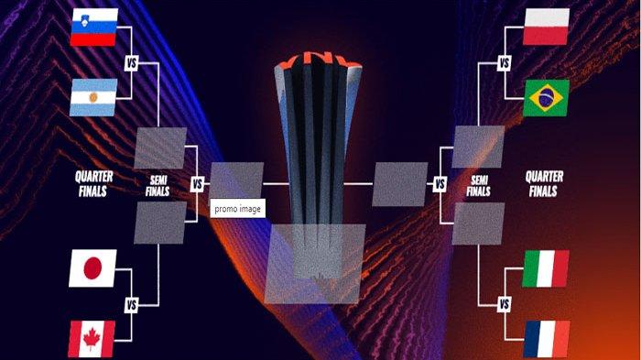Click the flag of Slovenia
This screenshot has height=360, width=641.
click(x=94, y=27)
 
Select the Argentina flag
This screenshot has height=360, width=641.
click(x=93, y=97)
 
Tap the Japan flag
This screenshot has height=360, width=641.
click(x=92, y=268)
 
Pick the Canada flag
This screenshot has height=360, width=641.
click(x=92, y=339)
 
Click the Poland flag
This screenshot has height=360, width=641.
click(x=546, y=27)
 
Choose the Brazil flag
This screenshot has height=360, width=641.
click(x=546, y=98)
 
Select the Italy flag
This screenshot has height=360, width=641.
click(x=546, y=268)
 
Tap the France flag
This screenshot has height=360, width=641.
click(x=547, y=339)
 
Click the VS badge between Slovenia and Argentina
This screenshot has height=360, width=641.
click(x=131, y=63)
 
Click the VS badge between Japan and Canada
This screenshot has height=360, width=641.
click(x=131, y=305)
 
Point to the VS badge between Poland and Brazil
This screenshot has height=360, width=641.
click(x=505, y=63)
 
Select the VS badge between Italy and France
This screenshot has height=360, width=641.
click(x=505, y=304)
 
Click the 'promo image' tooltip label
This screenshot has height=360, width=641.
click(x=237, y=209)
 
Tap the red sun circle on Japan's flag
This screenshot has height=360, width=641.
click(x=92, y=268)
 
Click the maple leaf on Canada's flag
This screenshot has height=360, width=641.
click(x=92, y=339)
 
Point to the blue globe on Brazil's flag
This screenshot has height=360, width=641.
click(x=546, y=98)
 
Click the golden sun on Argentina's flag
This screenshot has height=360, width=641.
click(x=93, y=97)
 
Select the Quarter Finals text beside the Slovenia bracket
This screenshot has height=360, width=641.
click(x=93, y=184)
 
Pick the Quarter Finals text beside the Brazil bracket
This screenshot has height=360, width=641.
click(x=544, y=184)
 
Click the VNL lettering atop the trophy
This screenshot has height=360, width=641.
click(x=318, y=59)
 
